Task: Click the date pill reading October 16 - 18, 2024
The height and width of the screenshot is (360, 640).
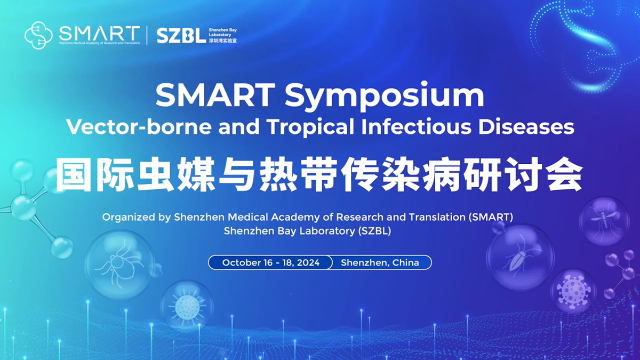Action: [270, 262]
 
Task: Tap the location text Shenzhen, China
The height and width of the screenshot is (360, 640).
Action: [380, 262]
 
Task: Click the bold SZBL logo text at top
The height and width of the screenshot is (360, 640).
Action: [181, 36]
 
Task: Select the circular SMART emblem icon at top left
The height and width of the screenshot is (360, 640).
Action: [39, 35]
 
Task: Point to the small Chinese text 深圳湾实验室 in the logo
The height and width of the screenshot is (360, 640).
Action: [223, 41]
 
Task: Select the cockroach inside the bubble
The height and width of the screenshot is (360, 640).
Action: [517, 258]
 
